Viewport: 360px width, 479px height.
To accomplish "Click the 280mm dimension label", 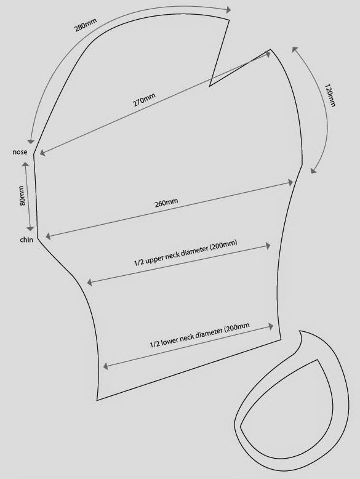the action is pos(86,25).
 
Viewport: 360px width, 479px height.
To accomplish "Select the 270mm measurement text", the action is pos(144,100).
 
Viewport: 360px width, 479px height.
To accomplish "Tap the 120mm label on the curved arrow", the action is pos(330,95).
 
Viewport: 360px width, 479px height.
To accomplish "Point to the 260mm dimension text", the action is pos(166,203).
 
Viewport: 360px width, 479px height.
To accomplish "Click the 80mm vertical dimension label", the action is pos(22,196).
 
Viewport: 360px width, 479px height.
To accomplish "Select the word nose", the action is pos(20,152).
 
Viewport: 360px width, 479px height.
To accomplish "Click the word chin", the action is pos(26,239).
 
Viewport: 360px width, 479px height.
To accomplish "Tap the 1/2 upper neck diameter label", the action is pos(186,253).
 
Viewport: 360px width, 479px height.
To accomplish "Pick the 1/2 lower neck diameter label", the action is pos(199,335).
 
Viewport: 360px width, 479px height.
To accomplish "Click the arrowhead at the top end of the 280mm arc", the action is pos(228,10).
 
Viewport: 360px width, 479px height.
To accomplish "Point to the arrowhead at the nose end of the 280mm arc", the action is pos(31,141).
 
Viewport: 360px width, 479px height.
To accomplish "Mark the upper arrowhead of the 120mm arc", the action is pos(295,49).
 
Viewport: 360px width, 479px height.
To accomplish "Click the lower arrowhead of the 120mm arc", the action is pos(314,171).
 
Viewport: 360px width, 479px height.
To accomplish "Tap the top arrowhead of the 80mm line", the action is pos(25,164).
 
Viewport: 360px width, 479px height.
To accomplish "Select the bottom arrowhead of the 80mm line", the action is pos(30,228).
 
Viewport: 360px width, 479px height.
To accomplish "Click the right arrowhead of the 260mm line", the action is pos(290,183).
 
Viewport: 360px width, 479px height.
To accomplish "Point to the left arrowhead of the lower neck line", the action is pos(106,366).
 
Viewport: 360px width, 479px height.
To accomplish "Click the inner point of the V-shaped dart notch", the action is pos(209,86).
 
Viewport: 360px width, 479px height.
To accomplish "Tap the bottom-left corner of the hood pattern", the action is pos(97,400).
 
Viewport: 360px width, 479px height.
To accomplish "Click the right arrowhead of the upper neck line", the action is pos(268,246).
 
